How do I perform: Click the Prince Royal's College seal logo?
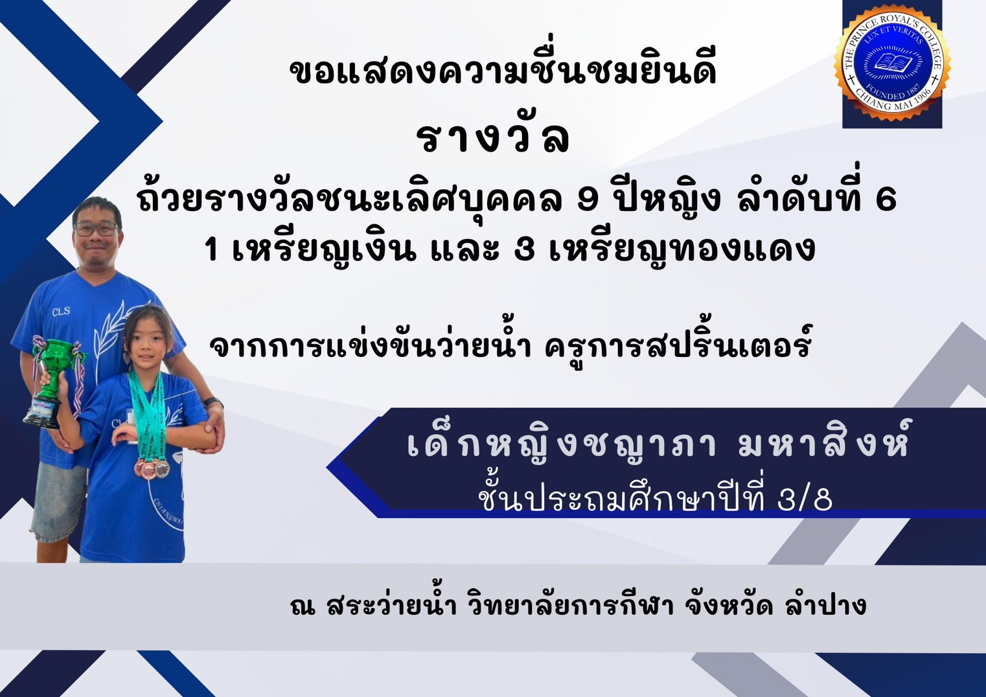[x=892, y=64]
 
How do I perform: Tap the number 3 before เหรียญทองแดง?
[x=524, y=249]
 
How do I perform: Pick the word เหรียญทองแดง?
[x=682, y=249]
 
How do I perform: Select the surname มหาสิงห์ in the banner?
[x=823, y=444]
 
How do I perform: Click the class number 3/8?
[x=805, y=500]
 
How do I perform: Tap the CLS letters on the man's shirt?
[x=61, y=312]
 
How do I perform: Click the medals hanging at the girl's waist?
[x=152, y=467]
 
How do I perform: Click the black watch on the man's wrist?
[x=214, y=402]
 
